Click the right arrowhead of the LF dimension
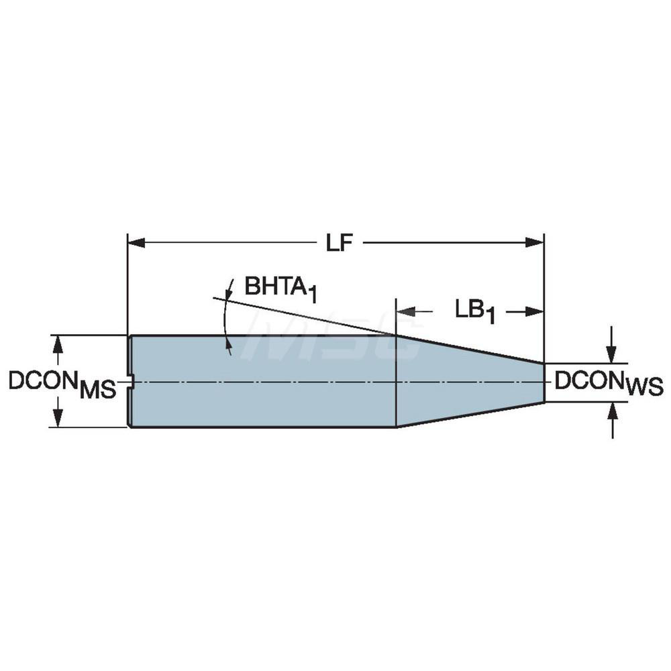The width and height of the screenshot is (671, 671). coord(535,242)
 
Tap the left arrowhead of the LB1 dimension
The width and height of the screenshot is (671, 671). coord(405,311)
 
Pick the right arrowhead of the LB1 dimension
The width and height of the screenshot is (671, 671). coord(535,311)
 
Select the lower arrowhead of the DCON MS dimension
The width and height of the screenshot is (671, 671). coord(58,419)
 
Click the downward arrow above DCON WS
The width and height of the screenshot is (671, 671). coord(611,355)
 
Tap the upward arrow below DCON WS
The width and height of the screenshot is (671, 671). coord(611,411)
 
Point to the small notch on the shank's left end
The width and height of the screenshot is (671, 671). coord(132,382)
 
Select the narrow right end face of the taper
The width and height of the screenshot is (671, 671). coord(544,382)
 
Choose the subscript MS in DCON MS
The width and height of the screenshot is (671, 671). coord(97,391)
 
